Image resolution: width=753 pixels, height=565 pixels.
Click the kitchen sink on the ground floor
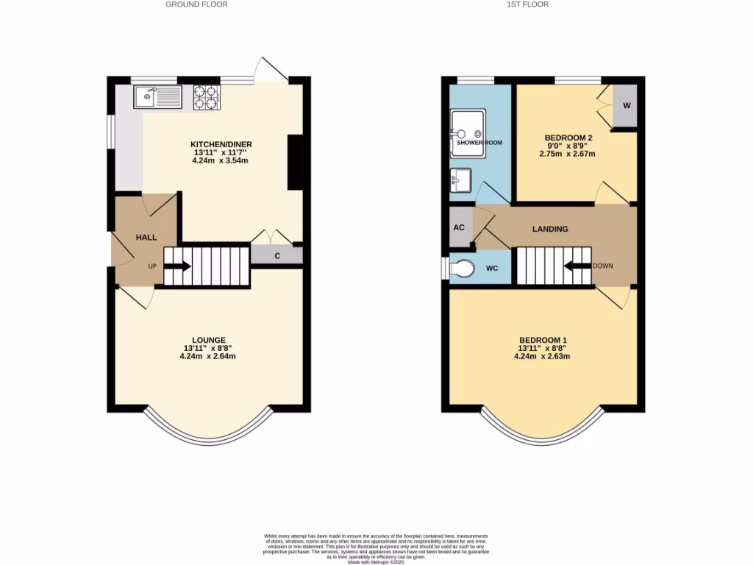[157, 96]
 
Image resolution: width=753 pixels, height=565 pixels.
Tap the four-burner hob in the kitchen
[207, 97]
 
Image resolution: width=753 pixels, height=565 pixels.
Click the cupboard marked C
[276, 255]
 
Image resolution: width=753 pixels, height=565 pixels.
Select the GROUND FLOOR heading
[196, 4]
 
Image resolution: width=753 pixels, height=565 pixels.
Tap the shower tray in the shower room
[468, 133]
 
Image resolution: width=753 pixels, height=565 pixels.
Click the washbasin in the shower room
[461, 179]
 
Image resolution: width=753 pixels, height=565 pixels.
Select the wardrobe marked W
[627, 105]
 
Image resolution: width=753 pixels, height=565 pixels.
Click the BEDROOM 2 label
[568, 138]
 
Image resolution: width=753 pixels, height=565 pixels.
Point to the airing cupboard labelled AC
[459, 227]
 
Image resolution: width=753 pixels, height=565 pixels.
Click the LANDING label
[550, 229]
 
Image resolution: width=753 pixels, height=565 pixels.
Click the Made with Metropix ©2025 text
[376, 561]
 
